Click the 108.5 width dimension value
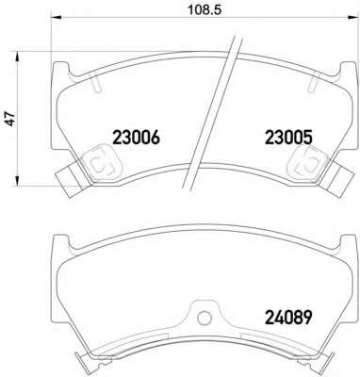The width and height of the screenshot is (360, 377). [205, 9]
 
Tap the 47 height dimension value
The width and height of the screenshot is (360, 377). [11, 119]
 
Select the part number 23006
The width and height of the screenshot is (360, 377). [136, 138]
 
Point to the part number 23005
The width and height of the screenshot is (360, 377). [289, 138]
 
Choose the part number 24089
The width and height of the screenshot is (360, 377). [289, 318]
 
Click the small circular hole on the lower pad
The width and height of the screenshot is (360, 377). [205, 318]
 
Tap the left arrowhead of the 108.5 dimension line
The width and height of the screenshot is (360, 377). [56, 17]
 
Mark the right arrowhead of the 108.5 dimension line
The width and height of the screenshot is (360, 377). [354, 17]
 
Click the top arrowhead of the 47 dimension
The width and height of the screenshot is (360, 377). [18, 57]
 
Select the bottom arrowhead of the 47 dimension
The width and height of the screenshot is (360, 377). [18, 181]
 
